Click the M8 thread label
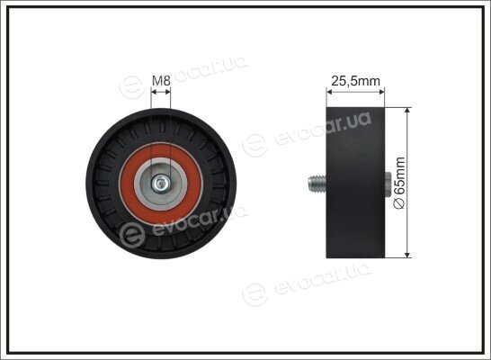coord(161,81)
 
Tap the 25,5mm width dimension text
coord(355,81)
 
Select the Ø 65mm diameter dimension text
coord(400,183)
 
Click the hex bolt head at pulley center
coord(161,184)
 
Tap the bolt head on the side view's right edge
coord(388,184)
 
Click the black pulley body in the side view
coord(355,183)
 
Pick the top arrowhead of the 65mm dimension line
coord(407,110)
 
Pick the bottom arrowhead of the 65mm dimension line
coord(407,255)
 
